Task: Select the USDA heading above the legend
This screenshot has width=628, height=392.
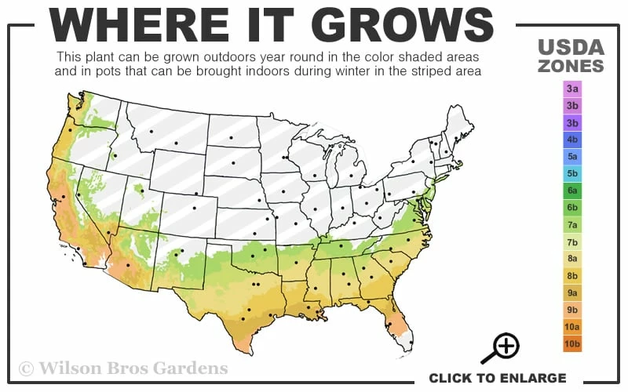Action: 571,48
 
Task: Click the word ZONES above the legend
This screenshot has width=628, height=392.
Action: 571,66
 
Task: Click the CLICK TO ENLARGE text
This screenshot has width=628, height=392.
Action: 497,378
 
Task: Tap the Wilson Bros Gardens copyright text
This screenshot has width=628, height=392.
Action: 123,368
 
